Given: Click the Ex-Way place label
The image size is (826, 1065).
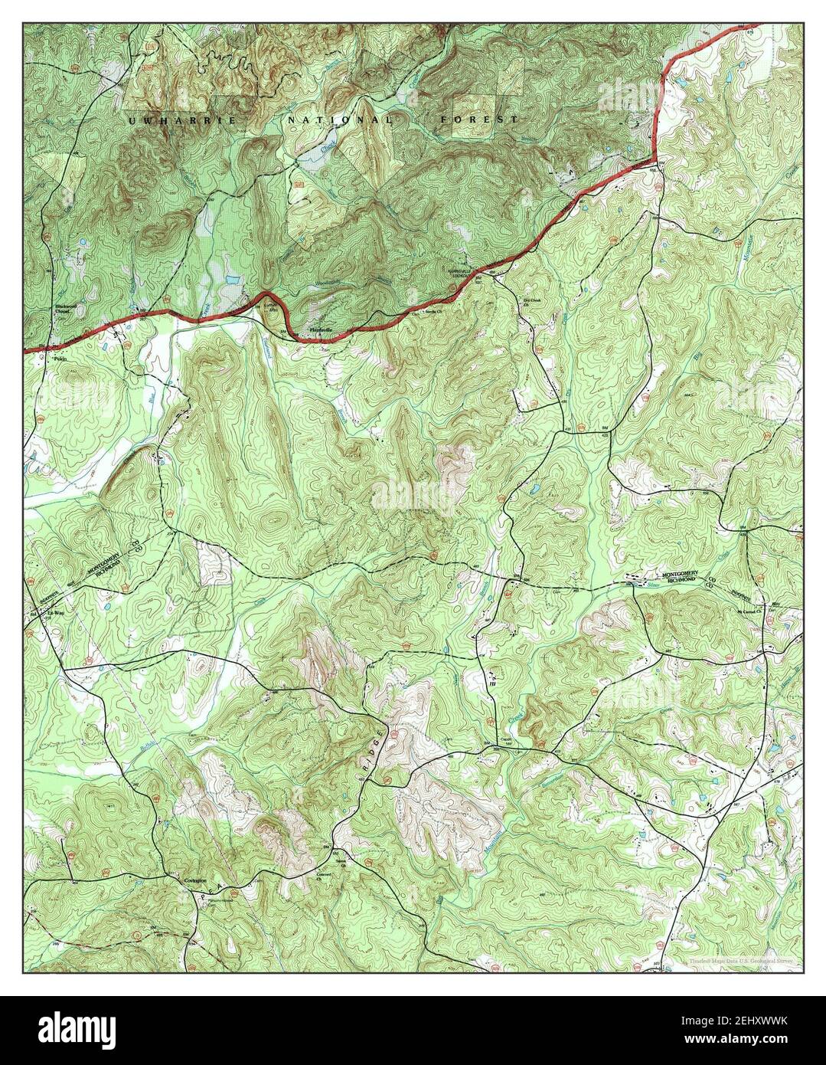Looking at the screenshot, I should tap(54, 614).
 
